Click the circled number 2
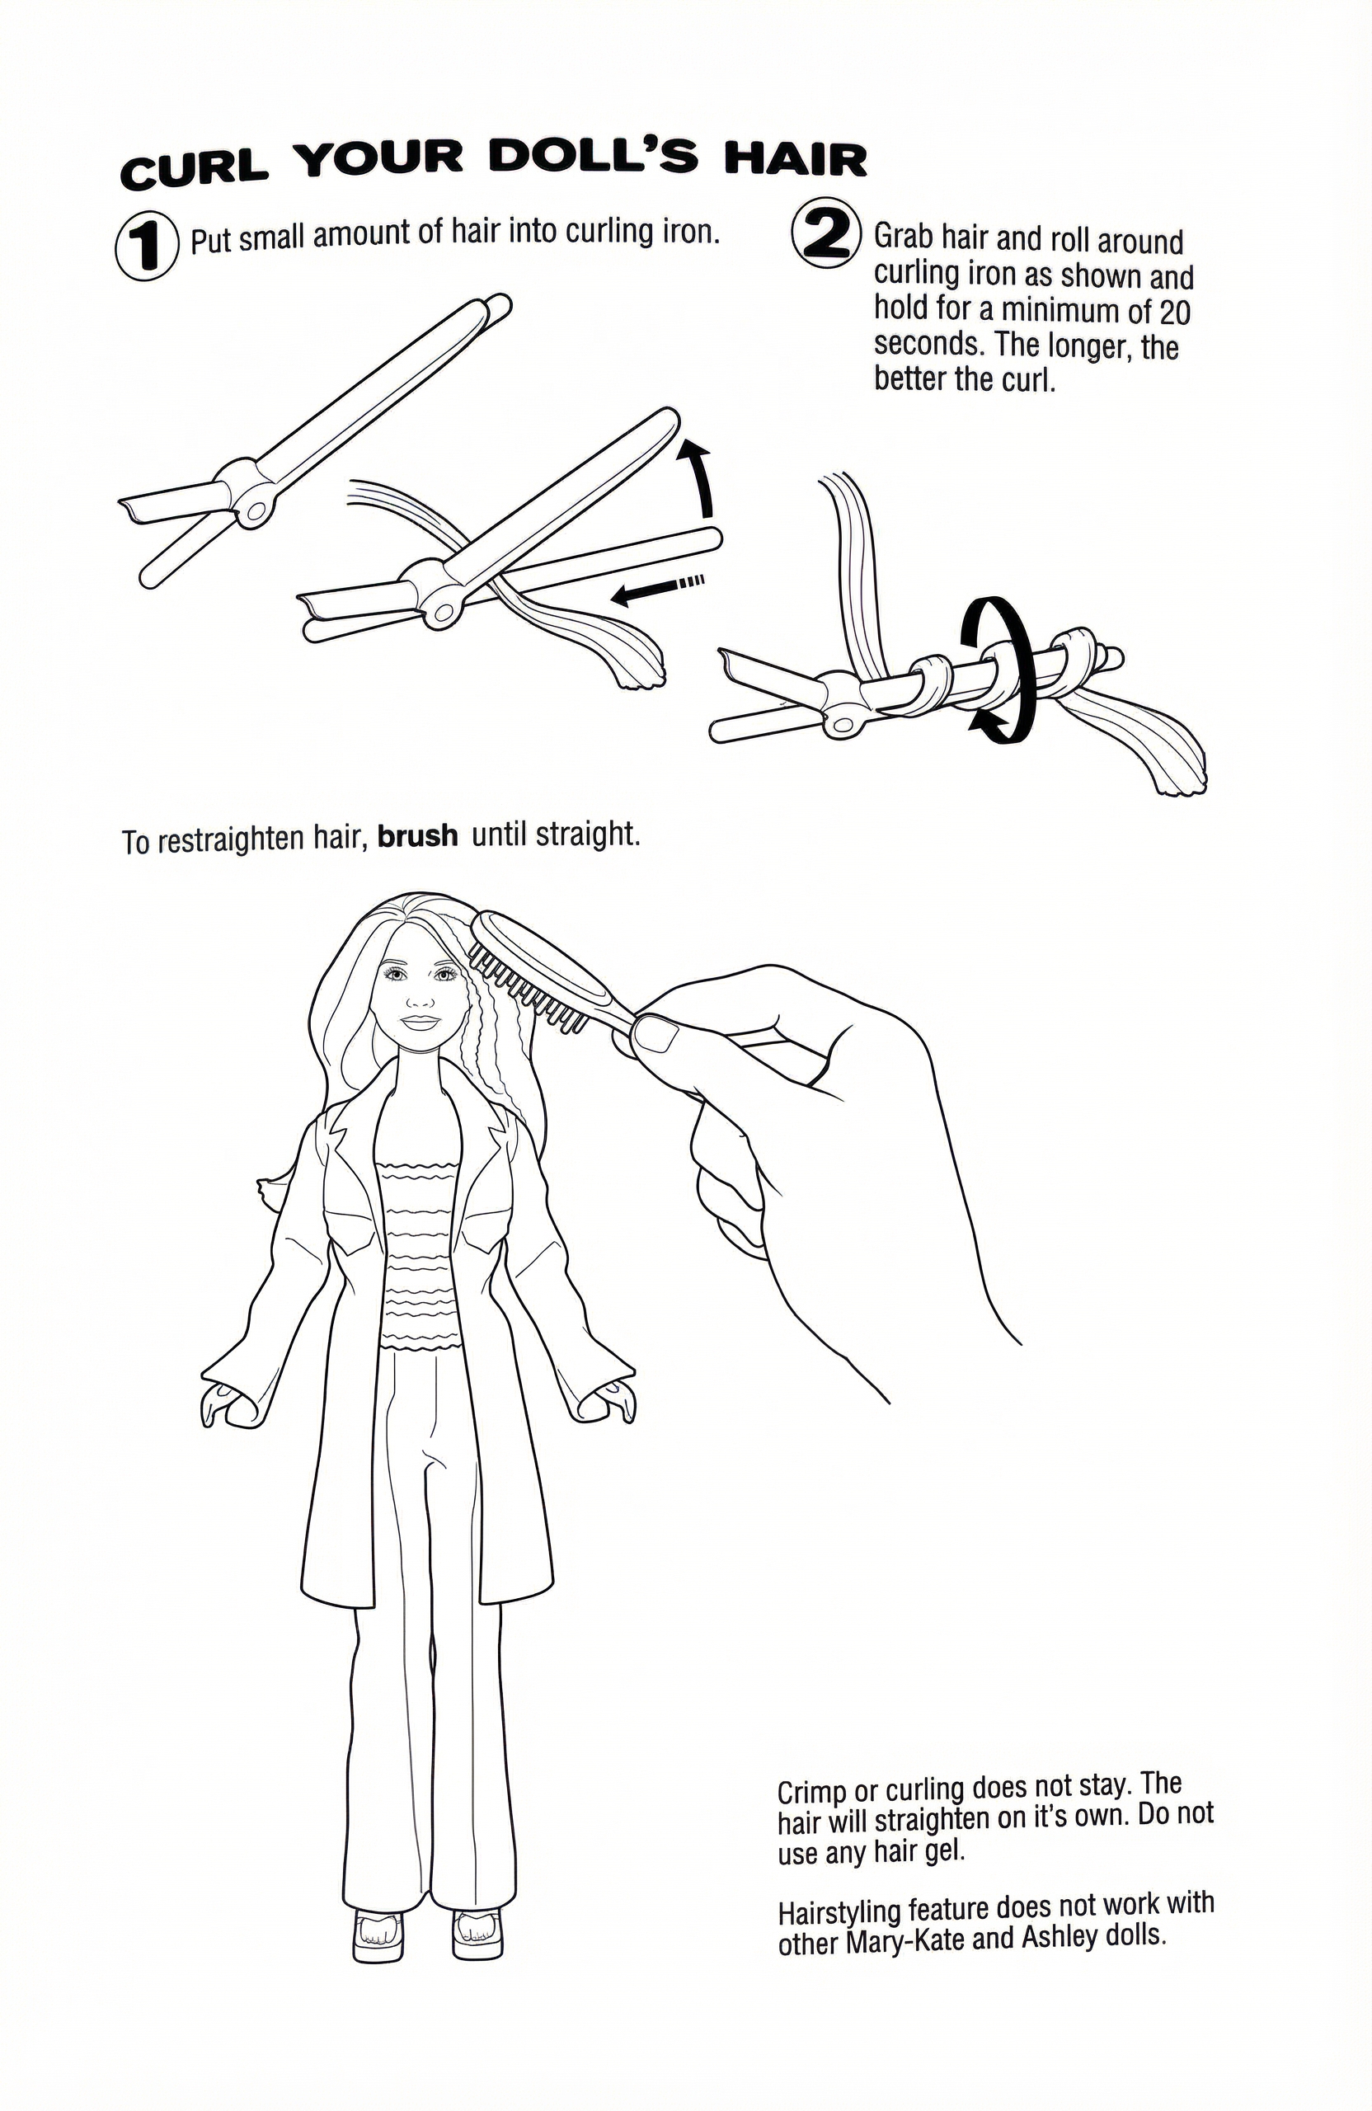coord(825,233)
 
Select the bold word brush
coord(418,836)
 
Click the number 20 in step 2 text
coord(1172,313)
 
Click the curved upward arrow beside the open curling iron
coord(699,479)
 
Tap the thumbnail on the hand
coord(657,1034)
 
